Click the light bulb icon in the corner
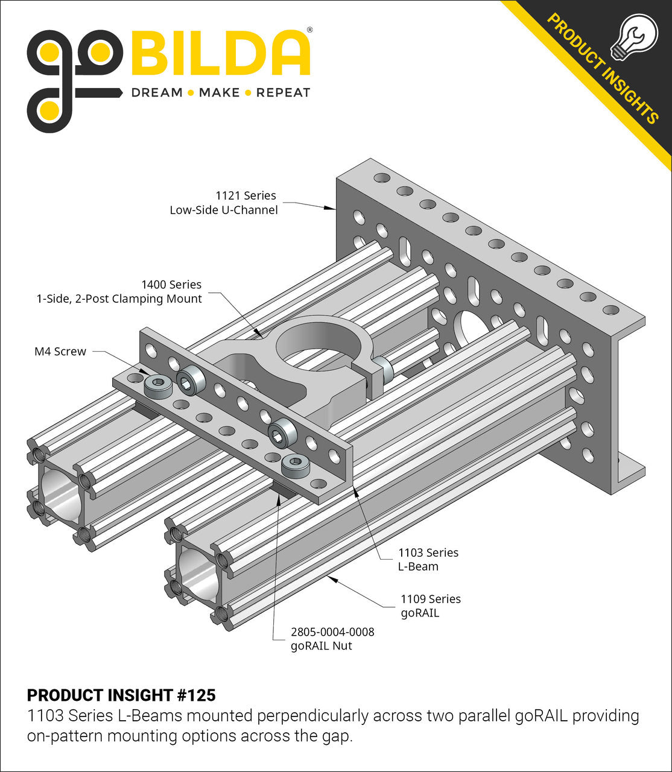(633, 36)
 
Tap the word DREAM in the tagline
(157, 93)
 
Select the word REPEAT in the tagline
(283, 93)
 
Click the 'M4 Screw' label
(60, 352)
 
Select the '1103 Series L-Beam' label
(428, 559)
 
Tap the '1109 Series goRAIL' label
(430, 606)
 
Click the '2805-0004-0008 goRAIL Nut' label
(332, 639)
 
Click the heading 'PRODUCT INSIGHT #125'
(121, 695)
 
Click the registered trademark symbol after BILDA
(309, 29)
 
